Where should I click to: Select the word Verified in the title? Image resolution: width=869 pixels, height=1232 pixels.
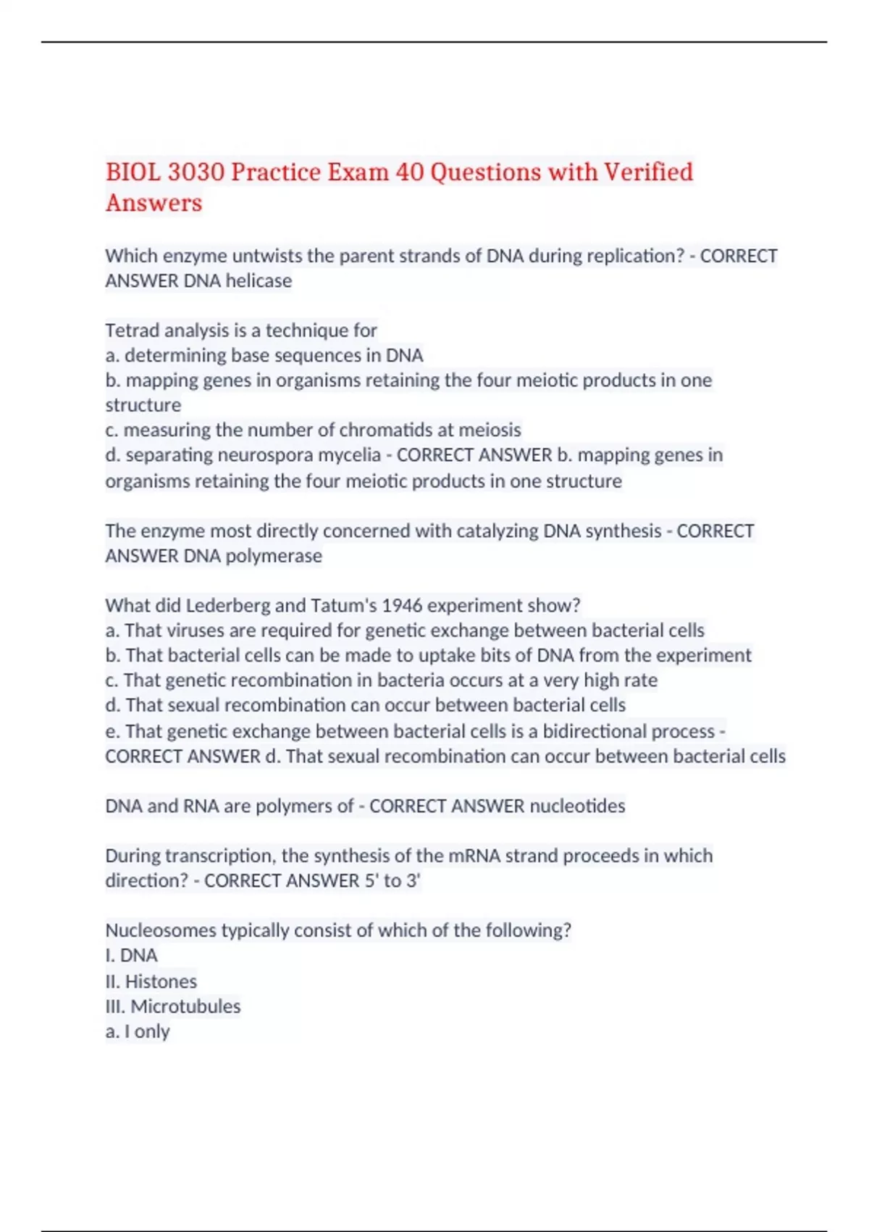coord(648,172)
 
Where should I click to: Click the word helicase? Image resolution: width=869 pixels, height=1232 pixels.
coord(259,280)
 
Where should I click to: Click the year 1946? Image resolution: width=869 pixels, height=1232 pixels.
coord(402,605)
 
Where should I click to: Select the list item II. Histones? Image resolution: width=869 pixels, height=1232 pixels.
coord(151,981)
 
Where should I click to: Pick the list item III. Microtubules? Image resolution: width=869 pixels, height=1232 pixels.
coord(173,1006)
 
